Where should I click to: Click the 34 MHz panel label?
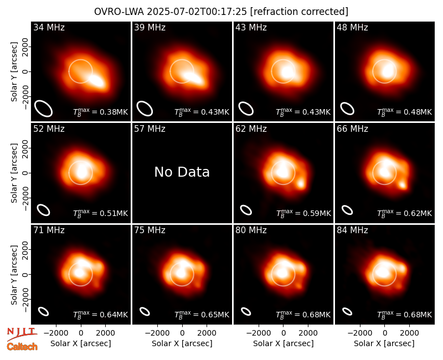(49, 27)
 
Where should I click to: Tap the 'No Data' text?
(182, 172)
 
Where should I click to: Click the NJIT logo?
(22, 335)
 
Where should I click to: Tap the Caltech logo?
(22, 347)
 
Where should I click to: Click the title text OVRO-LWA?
(119, 12)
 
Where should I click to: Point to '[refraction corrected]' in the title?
(299, 12)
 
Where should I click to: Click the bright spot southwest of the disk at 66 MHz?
(403, 186)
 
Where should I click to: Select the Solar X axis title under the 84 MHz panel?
(384, 343)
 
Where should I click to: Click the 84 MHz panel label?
(352, 230)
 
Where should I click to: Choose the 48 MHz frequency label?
(352, 27)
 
